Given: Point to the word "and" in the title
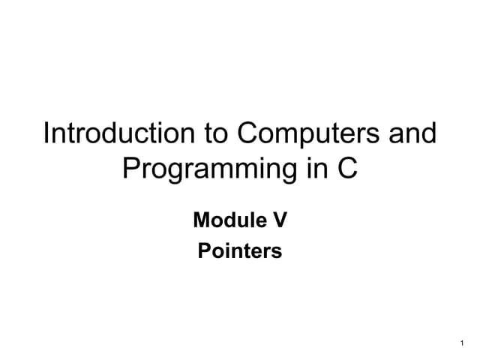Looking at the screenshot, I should pyautogui.click(x=411, y=134).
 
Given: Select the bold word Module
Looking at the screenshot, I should pyautogui.click(x=222, y=220).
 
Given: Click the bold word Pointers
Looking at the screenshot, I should pyautogui.click(x=240, y=250).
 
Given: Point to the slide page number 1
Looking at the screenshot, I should pyautogui.click(x=460, y=343).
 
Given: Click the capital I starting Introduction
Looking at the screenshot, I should pyautogui.click(x=46, y=134).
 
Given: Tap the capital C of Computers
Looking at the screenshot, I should pyautogui.click(x=248, y=134).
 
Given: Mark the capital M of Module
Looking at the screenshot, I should pyautogui.click(x=200, y=220).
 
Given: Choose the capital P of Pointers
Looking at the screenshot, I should pyautogui.click(x=203, y=250).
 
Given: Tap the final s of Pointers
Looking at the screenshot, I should pyautogui.click(x=277, y=252).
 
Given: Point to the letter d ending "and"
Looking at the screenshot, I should pyautogui.click(x=428, y=134).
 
